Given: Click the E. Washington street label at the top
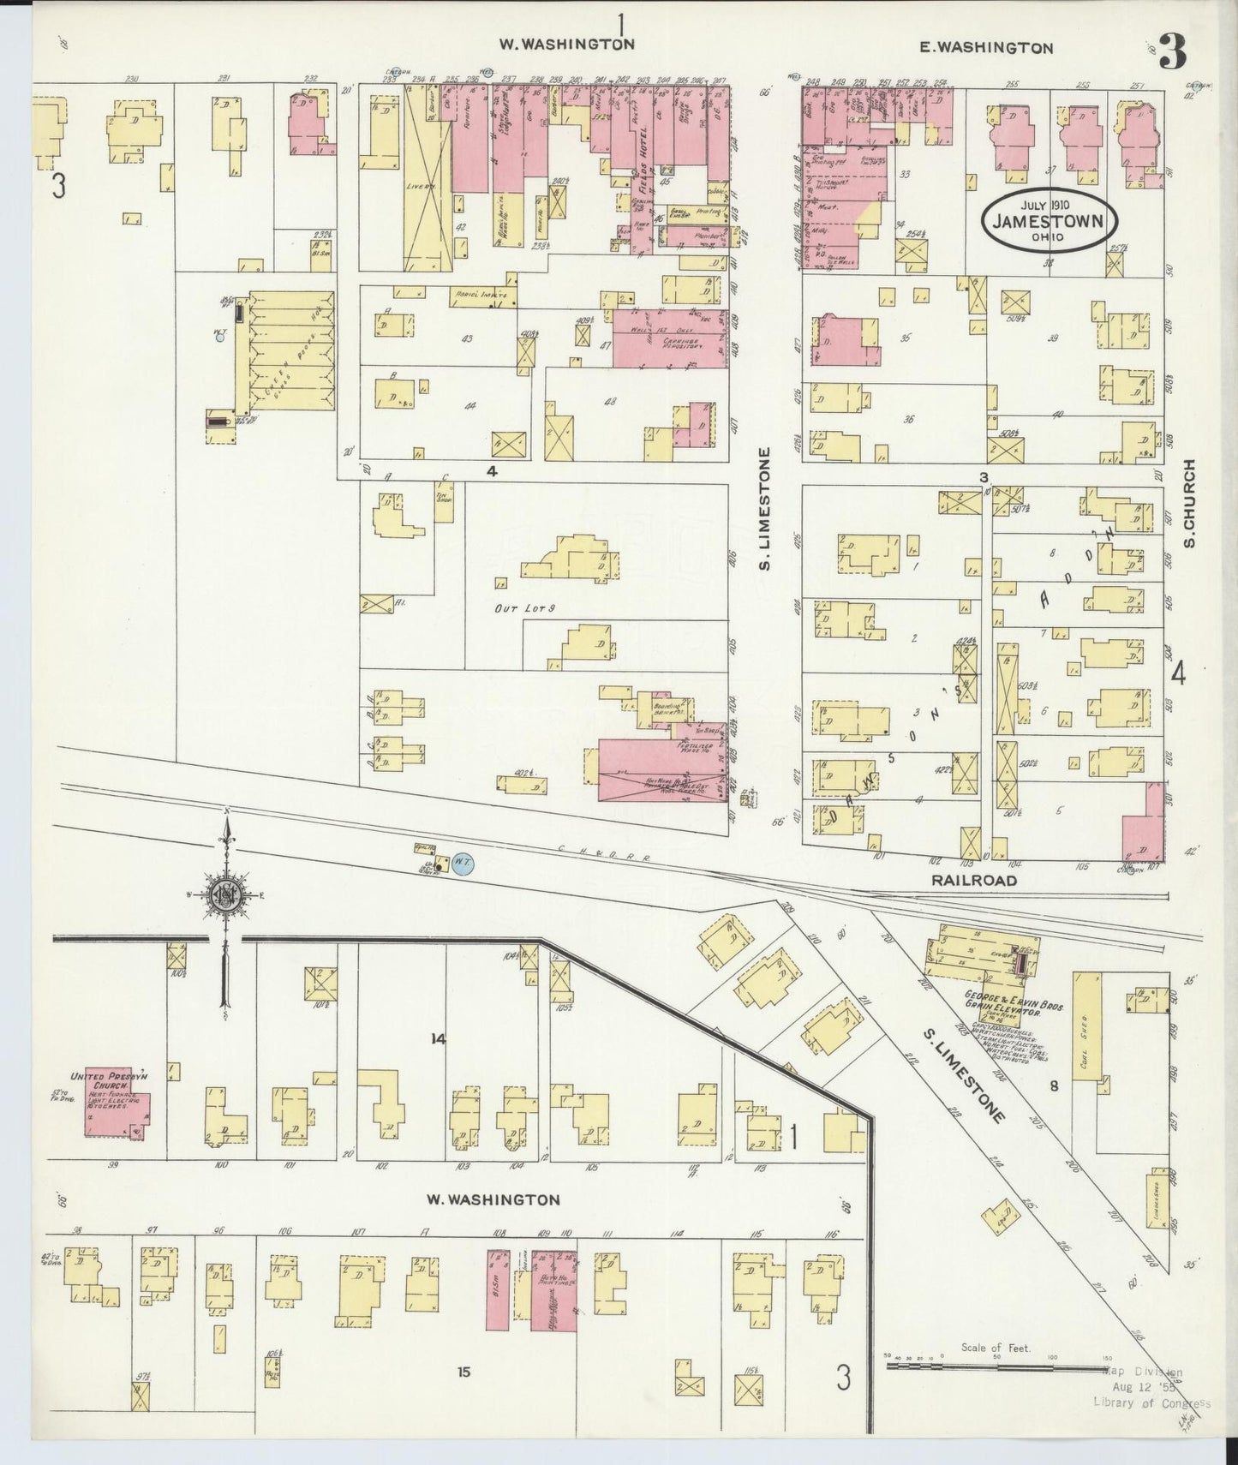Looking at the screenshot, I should tap(986, 48).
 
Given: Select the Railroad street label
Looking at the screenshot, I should tap(975, 880).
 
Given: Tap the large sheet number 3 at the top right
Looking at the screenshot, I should tap(1172, 53).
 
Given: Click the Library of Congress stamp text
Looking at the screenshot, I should tap(1151, 1402).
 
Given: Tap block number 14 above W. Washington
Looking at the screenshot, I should tap(439, 1039).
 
